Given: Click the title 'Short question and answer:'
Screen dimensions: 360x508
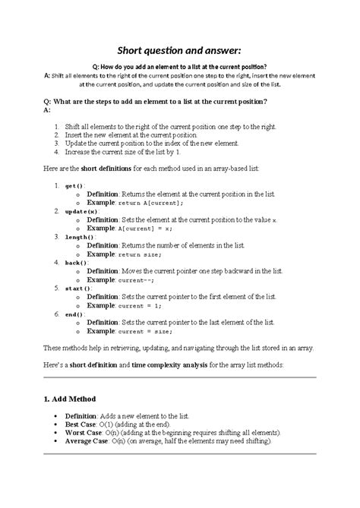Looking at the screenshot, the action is (180, 51).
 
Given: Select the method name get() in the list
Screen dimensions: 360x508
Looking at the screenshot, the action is (74, 185).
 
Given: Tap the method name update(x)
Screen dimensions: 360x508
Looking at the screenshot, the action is (81, 211).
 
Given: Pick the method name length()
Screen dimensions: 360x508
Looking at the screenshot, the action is (80, 236).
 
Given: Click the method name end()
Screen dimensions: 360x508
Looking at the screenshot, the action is (74, 314).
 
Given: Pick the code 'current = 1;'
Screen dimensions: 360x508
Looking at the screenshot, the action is (142, 305).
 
